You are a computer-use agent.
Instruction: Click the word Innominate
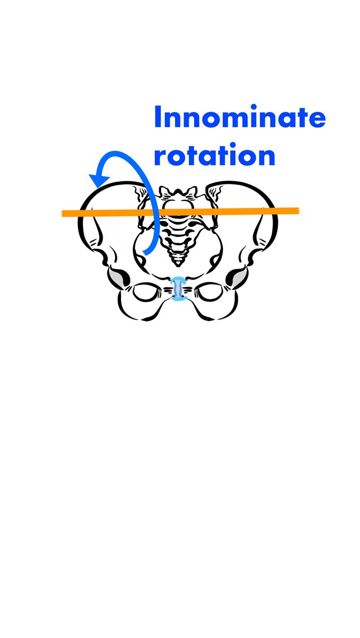[239, 118]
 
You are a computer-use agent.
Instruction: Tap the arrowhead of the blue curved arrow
[95, 180]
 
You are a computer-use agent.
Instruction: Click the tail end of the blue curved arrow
[144, 253]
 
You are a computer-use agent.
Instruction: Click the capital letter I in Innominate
[157, 118]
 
